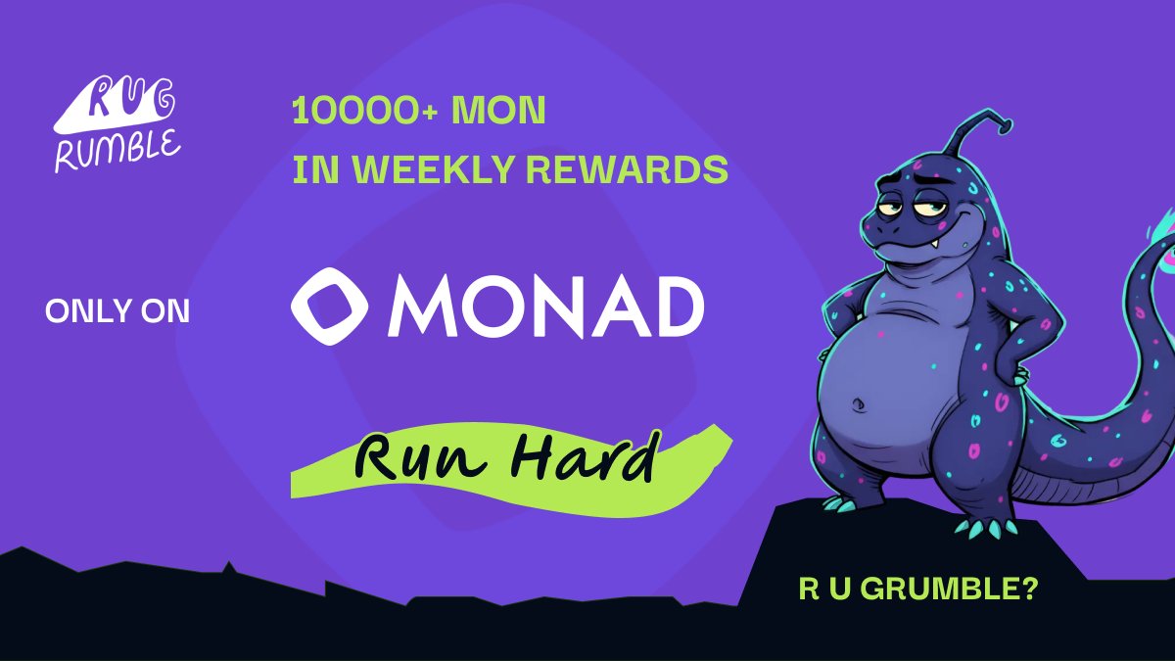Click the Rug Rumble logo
pyautogui.click(x=117, y=124)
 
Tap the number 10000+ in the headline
pyautogui.click(x=364, y=111)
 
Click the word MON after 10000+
pyautogui.click(x=498, y=110)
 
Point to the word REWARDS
pyautogui.click(x=627, y=169)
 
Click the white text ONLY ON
pyautogui.click(x=117, y=311)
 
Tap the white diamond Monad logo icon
pyautogui.click(x=329, y=307)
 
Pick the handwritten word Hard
pyautogui.click(x=585, y=456)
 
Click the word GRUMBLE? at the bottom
pyautogui.click(x=949, y=590)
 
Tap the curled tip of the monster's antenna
pyautogui.click(x=1005, y=125)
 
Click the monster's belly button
pyautogui.click(x=859, y=404)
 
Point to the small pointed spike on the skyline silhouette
pyautogui.click(x=229, y=567)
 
